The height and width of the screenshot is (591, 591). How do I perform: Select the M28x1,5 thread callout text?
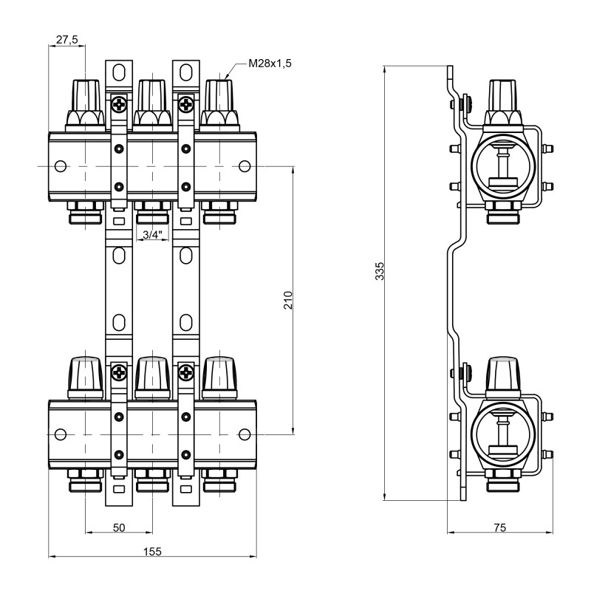270,64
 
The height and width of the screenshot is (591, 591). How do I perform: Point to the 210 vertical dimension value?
288,299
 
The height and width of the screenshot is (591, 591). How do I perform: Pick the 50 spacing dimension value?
119,527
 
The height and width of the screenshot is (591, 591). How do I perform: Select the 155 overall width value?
152,552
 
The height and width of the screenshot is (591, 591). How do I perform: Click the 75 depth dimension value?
499,527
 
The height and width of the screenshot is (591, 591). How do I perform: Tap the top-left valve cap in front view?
86,100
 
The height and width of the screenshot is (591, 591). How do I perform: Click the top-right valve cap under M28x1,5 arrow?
220,100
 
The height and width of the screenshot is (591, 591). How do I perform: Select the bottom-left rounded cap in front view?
86,377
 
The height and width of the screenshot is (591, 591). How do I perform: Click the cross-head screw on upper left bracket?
118,106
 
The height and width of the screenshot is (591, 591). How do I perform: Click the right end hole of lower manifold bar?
245,434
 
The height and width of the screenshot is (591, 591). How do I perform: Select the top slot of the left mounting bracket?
118,72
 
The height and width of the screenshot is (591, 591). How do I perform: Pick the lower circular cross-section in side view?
502,434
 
